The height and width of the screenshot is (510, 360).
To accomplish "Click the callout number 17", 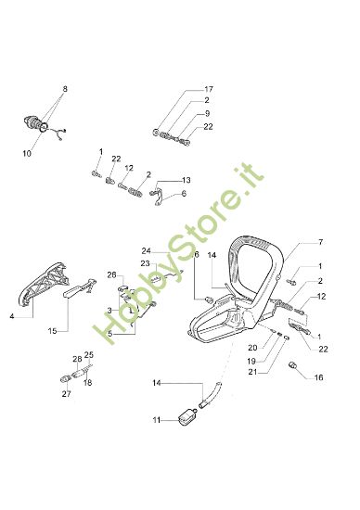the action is coord(209,89).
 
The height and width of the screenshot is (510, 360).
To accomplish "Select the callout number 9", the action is coord(207,113).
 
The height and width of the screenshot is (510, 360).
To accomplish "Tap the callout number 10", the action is coord(27,153).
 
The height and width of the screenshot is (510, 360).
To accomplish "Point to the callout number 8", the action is coord(65,89).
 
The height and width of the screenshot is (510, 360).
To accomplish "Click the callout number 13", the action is coord(186,180).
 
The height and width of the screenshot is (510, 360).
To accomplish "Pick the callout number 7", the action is coord(320,242).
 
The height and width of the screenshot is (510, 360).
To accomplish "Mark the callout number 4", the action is coord(12,316).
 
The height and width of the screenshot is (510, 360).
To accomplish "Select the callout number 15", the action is coord(52,331).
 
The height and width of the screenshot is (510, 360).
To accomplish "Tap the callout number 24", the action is coord(147,251).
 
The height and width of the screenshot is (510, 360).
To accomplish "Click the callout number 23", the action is coord(145,263).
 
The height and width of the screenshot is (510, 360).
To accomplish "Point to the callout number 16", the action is coord(318,377).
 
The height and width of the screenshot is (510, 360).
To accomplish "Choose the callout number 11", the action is coord(157,420).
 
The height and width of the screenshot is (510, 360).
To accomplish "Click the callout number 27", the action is coord(67,394).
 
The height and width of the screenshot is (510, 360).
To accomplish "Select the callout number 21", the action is coord(252,372).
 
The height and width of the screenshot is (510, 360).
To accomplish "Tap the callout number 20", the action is coord(252,348).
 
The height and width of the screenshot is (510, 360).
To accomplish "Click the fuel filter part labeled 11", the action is coord(187,417).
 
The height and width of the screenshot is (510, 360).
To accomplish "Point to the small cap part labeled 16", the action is coord(293,365).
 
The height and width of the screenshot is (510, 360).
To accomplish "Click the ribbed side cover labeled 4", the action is coord(44,285).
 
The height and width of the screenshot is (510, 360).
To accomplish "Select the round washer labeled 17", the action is coord(156,132).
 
